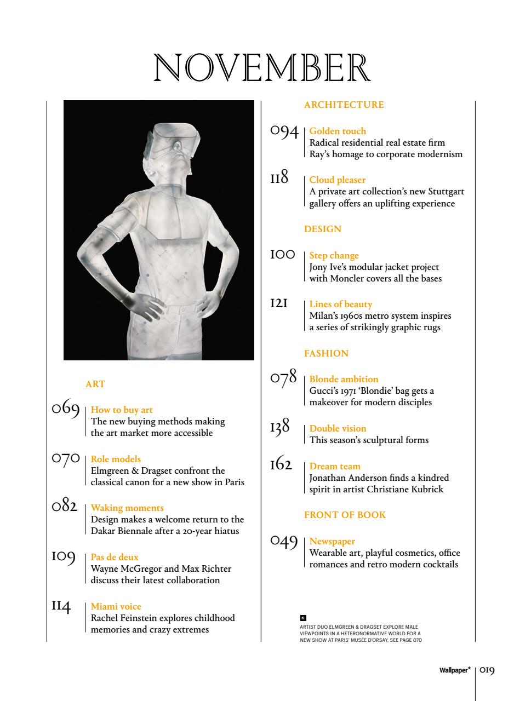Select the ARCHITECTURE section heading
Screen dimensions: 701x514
pos(344,105)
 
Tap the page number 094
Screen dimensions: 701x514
pos(284,133)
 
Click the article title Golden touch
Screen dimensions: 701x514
pos(338,131)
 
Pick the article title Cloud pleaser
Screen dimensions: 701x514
pos(337,180)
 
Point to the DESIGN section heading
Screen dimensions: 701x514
pos(322,229)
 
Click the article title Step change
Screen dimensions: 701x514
pos(334,255)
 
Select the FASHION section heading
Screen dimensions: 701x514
pos(326,353)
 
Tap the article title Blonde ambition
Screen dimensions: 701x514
pos(344,379)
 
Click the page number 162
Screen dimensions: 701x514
pos(284,467)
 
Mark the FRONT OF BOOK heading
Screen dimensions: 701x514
pos(345,515)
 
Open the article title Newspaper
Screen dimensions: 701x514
pos(332,541)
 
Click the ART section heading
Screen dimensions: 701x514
pos(95,384)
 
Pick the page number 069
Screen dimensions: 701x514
pos(66,409)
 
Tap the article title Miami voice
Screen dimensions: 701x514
pos(116,606)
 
